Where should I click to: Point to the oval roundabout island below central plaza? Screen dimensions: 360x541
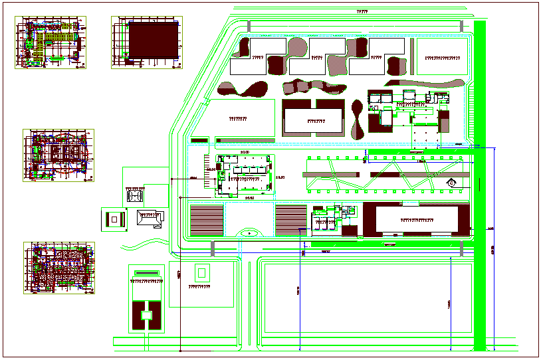tap(249, 232)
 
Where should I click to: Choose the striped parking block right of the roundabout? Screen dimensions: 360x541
tap(291, 219)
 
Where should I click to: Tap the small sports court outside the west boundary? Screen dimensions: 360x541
tap(135, 197)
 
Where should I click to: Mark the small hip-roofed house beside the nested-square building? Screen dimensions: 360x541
tap(150, 219)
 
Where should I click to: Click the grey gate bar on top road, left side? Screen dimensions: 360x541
tap(249, 25)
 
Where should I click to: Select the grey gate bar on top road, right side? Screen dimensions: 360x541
tap(461, 25)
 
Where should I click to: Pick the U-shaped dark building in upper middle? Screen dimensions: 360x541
tap(313, 118)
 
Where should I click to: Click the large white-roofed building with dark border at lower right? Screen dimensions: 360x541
tap(416, 219)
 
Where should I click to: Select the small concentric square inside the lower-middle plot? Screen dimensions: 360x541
tap(201, 272)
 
